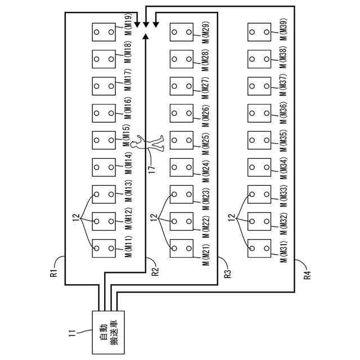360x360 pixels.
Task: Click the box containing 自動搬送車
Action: tap(105, 332)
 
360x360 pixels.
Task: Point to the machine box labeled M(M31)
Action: tap(259, 248)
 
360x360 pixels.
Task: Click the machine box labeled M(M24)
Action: tap(181, 167)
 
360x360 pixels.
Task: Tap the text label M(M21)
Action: tap(206, 249)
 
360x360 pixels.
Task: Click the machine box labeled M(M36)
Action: tap(259, 113)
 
